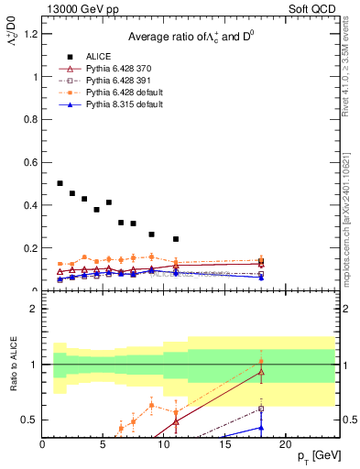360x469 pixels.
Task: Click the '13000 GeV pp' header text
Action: tap(82, 9)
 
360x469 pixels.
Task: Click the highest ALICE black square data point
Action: tap(60, 183)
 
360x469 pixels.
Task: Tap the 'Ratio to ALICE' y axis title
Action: tap(12, 365)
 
